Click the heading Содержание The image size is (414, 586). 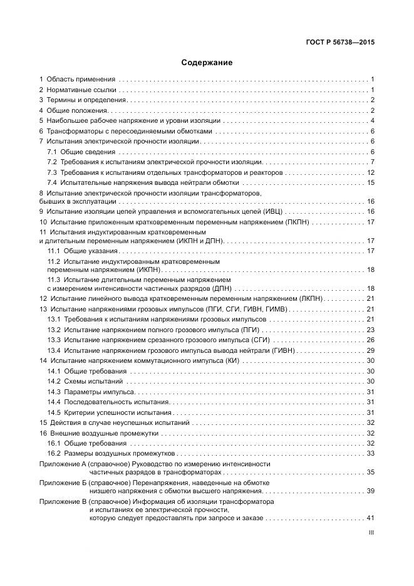click(x=207, y=63)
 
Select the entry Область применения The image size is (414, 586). click(x=79, y=80)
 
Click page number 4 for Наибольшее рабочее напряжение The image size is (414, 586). click(x=372, y=121)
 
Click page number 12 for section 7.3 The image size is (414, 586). click(x=370, y=172)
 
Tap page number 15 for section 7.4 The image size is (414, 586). click(x=370, y=182)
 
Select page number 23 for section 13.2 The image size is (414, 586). click(x=370, y=330)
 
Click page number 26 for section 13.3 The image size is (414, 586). click(x=370, y=340)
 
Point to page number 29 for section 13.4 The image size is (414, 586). click(x=370, y=350)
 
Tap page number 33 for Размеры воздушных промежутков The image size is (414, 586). click(x=370, y=453)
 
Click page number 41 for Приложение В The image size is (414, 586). click(x=370, y=518)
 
